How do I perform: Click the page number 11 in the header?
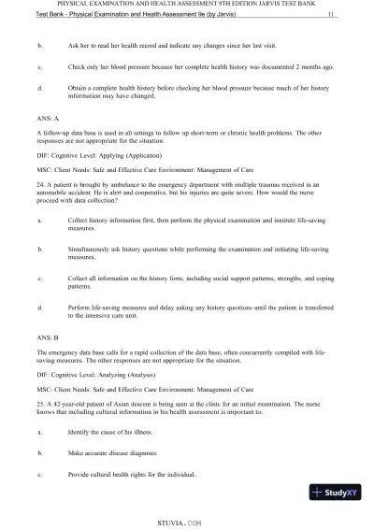tap(333, 16)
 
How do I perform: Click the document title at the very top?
tap(187, 6)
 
